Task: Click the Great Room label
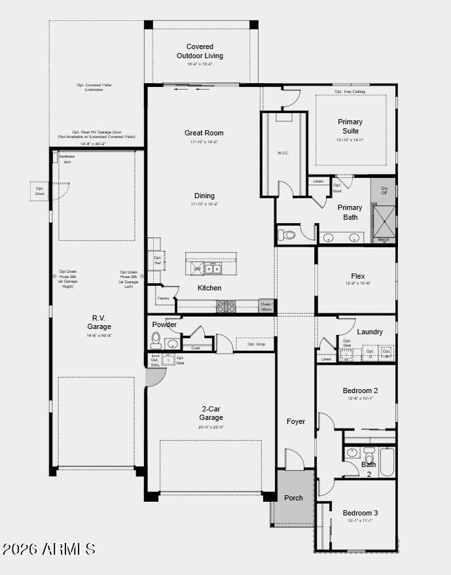click(x=204, y=133)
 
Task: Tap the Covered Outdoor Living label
click(x=200, y=51)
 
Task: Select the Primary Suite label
click(x=350, y=126)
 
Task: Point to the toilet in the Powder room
click(x=156, y=340)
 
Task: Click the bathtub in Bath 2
click(x=386, y=461)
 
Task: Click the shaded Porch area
click(x=294, y=497)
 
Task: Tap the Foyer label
click(x=296, y=421)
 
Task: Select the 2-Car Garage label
click(x=211, y=413)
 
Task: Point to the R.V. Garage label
click(x=99, y=322)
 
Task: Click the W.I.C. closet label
click(x=283, y=153)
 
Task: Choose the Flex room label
click(x=357, y=277)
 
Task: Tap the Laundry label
click(x=370, y=332)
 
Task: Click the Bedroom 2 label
click(x=360, y=391)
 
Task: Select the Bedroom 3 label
click(x=360, y=513)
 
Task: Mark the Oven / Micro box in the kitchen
click(x=266, y=306)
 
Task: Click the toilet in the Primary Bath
click(x=287, y=235)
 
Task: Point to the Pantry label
click(x=164, y=298)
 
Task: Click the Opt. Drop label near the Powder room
click(x=256, y=344)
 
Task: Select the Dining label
click(x=204, y=196)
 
